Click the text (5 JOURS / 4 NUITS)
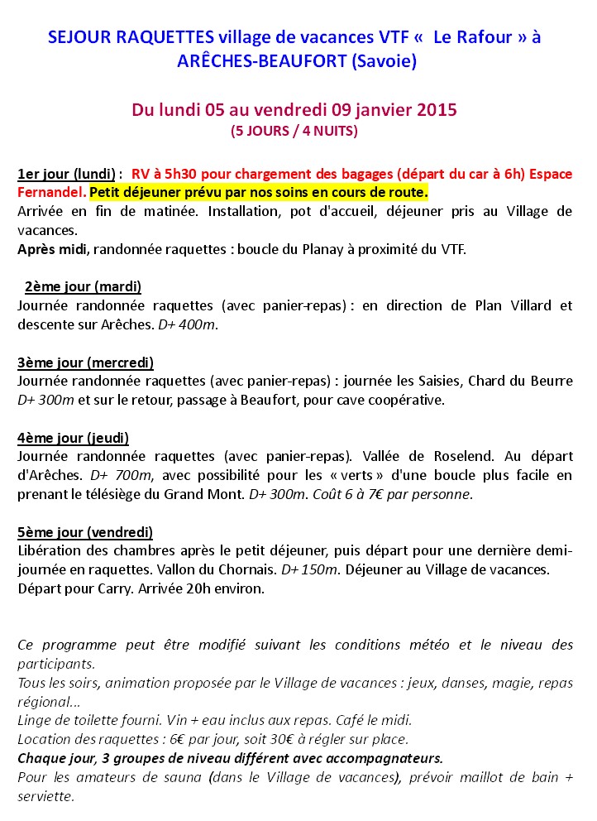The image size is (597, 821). tap(294, 130)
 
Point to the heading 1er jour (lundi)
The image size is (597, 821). tap(66, 174)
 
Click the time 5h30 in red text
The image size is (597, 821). tap(188, 174)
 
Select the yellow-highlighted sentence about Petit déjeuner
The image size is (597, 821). tap(259, 192)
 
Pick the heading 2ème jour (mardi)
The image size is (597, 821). tap(83, 286)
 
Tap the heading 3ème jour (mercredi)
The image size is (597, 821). tap(85, 362)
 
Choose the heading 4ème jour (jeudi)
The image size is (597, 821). tap(73, 437)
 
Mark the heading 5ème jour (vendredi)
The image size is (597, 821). tap(85, 531)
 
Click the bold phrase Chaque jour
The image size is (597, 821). tap(54, 758)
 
